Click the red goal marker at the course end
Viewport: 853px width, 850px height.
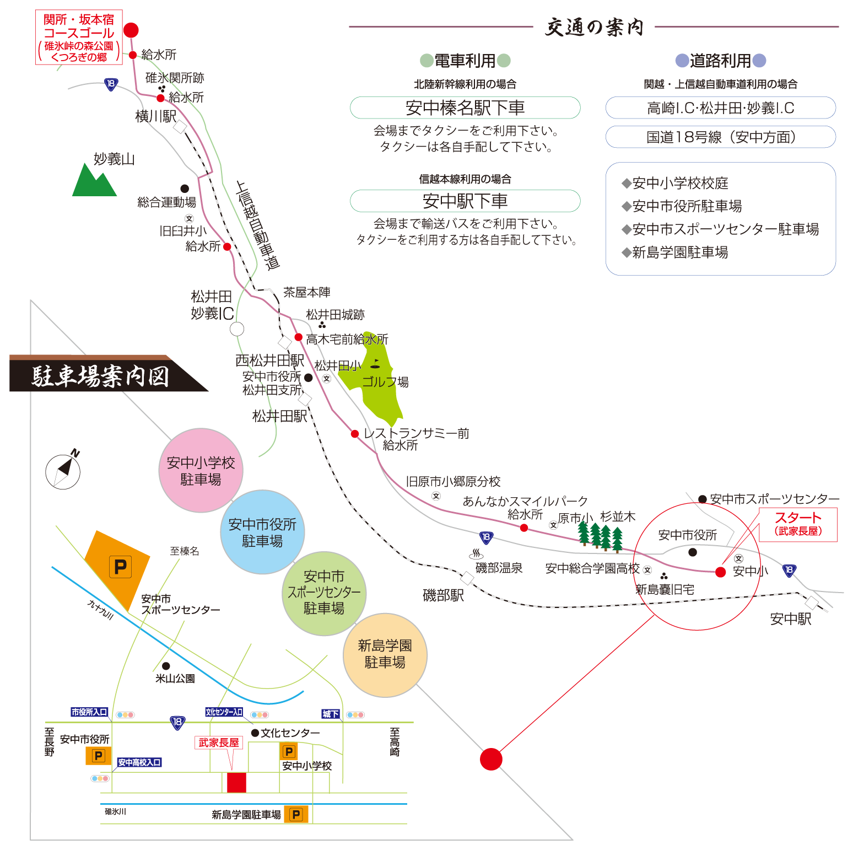point(131,30)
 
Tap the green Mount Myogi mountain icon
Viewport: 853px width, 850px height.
point(94,181)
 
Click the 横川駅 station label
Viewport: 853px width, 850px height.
point(156,116)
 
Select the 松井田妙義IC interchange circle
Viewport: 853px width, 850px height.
point(237,329)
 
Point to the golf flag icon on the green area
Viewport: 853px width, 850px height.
point(375,364)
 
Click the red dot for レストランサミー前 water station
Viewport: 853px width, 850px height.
point(355,434)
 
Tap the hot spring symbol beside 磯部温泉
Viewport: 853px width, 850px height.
point(476,553)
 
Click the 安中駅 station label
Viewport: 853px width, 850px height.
point(791,619)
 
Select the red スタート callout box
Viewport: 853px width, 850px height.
point(798,524)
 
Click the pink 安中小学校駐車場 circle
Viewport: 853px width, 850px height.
point(201,471)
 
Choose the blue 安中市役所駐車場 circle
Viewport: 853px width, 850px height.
point(262,532)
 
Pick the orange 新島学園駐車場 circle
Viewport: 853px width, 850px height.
point(385,655)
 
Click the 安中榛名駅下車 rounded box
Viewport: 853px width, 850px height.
point(465,107)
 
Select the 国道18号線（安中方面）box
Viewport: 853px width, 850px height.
point(720,137)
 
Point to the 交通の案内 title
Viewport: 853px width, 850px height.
point(594,26)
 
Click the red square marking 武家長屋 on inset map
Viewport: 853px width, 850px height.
point(236,782)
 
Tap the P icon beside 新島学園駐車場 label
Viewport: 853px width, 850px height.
point(296,814)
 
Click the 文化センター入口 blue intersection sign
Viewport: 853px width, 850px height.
point(224,712)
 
